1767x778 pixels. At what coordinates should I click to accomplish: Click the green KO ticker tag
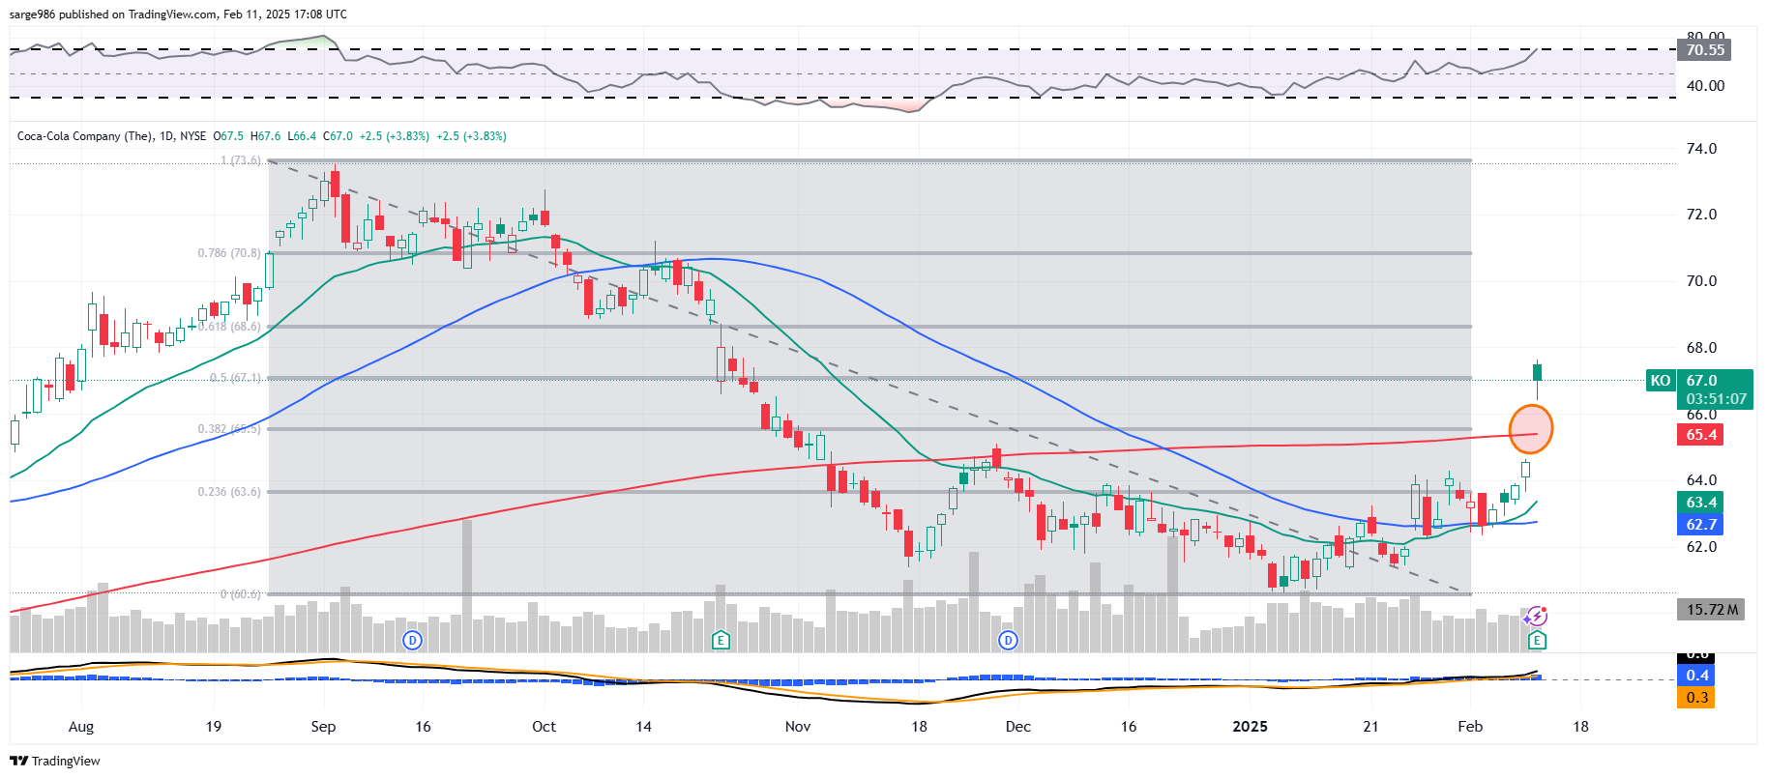tap(1660, 381)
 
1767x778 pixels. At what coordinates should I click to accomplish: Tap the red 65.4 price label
tap(1701, 435)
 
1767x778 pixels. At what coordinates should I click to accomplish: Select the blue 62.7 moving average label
tap(1701, 525)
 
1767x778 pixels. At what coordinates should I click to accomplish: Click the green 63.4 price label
tap(1701, 503)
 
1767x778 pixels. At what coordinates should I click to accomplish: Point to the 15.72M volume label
tap(1711, 610)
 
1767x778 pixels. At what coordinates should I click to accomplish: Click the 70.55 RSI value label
tap(1705, 50)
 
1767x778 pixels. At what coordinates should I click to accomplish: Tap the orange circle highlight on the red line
tap(1531, 429)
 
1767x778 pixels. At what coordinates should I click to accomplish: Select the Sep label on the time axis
tap(323, 727)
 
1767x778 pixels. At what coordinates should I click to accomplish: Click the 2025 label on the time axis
tap(1250, 727)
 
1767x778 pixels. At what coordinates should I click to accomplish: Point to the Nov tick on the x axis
tap(798, 727)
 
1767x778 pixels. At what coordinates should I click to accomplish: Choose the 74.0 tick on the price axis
tap(1701, 149)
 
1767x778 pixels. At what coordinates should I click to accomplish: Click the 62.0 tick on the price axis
tap(1701, 547)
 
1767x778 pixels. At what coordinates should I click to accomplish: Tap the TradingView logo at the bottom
tap(55, 762)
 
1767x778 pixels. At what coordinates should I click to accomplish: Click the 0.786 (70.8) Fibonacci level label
tap(229, 253)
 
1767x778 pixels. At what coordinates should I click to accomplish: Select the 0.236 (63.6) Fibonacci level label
tap(229, 492)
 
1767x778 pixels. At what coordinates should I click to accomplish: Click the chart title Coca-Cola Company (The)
tap(84, 136)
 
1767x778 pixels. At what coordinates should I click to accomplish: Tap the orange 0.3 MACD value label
tap(1697, 698)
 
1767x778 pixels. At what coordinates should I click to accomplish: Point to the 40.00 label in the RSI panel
tap(1705, 86)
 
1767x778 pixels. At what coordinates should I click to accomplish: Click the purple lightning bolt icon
tap(1536, 617)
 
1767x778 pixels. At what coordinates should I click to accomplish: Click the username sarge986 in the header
tap(32, 14)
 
